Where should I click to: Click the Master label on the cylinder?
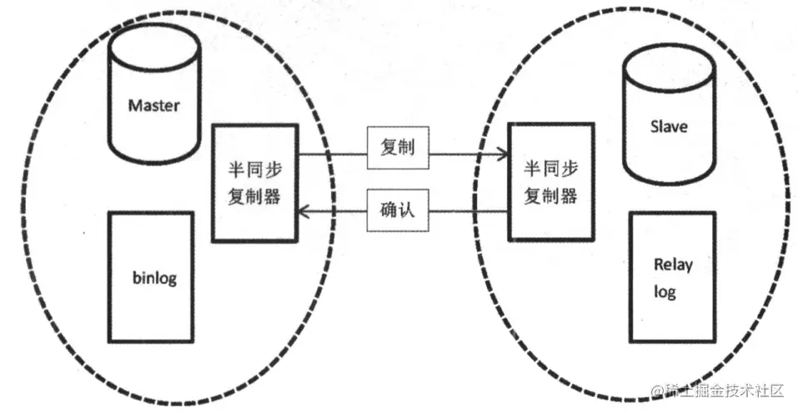tap(154, 106)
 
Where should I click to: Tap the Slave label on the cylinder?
tap(668, 127)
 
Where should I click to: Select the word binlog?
tap(154, 278)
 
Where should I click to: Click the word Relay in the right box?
tap(674, 265)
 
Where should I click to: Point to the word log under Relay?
tap(665, 291)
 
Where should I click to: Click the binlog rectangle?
tap(151, 279)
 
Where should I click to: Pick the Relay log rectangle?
tap(672, 278)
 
